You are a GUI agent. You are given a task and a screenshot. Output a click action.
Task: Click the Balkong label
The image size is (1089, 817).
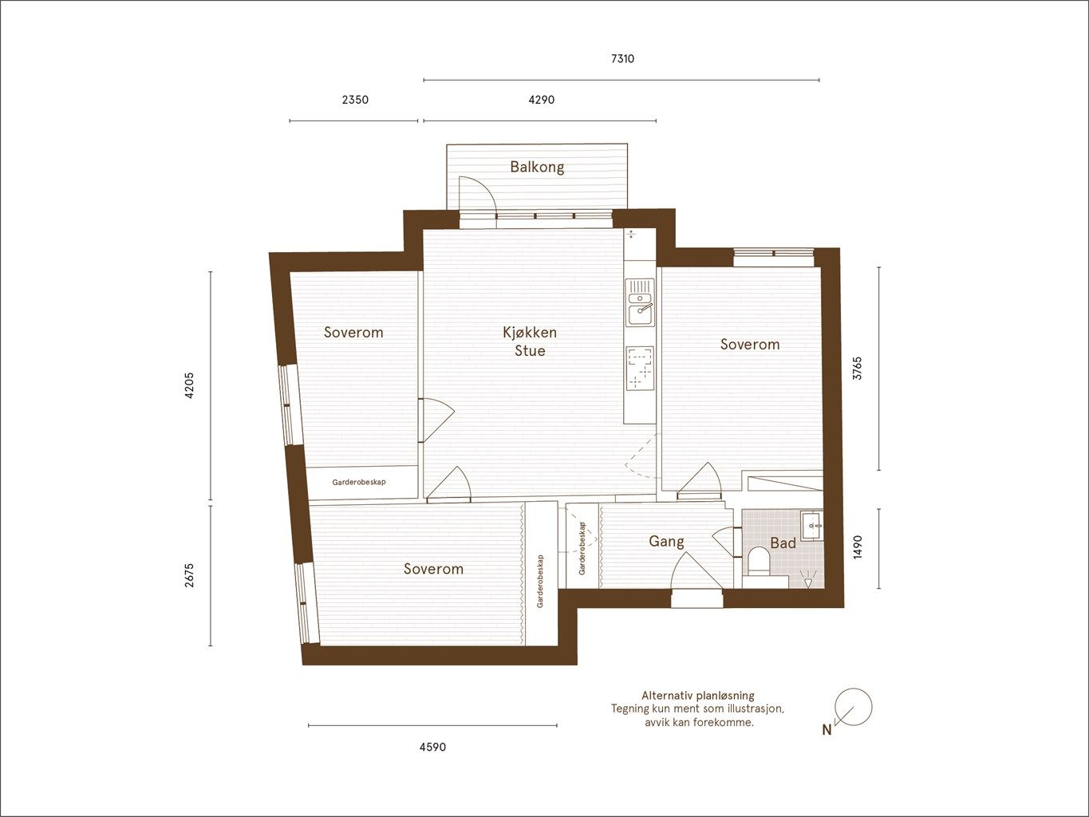click(x=537, y=167)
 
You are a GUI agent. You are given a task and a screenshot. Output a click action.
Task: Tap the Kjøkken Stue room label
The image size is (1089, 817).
click(x=530, y=341)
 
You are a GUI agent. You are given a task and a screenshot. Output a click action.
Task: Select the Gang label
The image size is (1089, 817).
click(x=666, y=542)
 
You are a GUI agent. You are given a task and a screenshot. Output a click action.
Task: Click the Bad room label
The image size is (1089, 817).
click(x=783, y=543)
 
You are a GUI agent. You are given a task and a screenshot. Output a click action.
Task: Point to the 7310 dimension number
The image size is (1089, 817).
click(x=622, y=58)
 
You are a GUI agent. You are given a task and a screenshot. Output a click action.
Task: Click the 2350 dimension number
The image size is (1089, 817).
click(x=355, y=100)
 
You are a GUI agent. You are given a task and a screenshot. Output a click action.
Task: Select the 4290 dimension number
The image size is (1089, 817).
click(x=541, y=100)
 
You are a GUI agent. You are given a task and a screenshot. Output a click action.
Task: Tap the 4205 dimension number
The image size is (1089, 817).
click(x=189, y=385)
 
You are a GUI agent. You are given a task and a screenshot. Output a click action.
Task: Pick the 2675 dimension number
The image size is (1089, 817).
click(x=189, y=575)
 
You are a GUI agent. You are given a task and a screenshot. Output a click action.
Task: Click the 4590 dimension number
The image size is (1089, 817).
click(x=432, y=747)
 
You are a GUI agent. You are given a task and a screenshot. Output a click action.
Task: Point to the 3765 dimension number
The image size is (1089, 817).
click(x=858, y=369)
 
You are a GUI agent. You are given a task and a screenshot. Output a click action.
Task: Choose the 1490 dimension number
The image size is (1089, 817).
click(x=858, y=547)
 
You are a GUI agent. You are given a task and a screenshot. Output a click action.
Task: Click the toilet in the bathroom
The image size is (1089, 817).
click(x=758, y=562)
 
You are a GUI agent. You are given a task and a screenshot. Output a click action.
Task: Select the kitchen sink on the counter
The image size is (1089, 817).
click(x=640, y=302)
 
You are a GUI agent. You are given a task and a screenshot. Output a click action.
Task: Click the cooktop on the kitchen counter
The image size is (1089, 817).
click(x=640, y=368)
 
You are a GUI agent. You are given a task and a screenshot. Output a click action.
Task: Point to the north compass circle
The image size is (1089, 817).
click(x=854, y=707)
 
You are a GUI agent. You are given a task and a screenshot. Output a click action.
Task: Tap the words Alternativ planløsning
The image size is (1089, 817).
click(x=697, y=696)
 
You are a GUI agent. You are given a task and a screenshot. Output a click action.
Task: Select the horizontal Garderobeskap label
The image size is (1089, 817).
click(x=359, y=482)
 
